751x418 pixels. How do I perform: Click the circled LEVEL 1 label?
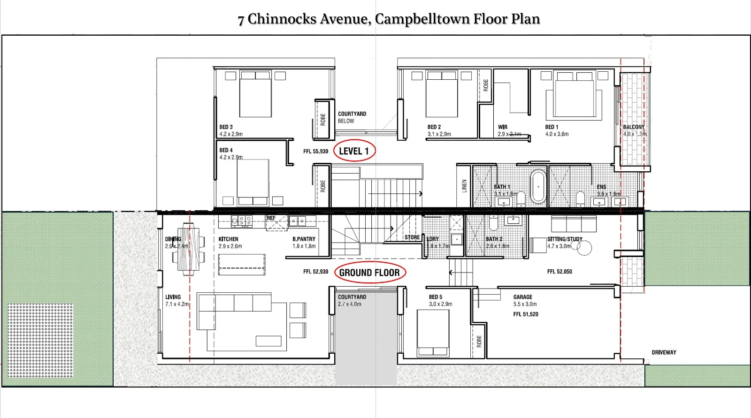pyautogui.click(x=354, y=151)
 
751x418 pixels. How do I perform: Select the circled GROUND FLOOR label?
pyautogui.click(x=369, y=273)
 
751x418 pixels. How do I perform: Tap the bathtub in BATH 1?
pyautogui.click(x=538, y=186)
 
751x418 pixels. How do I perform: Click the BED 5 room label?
pyautogui.click(x=436, y=297)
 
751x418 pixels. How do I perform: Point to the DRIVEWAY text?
pyautogui.click(x=664, y=352)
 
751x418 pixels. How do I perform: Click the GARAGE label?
pyautogui.click(x=522, y=297)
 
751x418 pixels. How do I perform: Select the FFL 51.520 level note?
pyautogui.click(x=525, y=314)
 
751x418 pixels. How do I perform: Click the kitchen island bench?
pyautogui.click(x=242, y=265)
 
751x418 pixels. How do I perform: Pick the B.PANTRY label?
pyautogui.click(x=304, y=239)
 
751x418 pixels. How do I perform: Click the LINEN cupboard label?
pyautogui.click(x=464, y=186)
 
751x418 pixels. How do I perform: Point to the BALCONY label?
pyautogui.click(x=634, y=127)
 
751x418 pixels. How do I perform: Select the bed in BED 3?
pyautogui.click(x=255, y=96)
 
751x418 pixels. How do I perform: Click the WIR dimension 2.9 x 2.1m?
pyautogui.click(x=509, y=134)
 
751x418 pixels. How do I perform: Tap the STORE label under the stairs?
pyautogui.click(x=412, y=237)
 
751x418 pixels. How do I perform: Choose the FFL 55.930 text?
pyautogui.click(x=315, y=152)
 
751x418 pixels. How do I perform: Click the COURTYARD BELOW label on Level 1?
pyautogui.click(x=352, y=117)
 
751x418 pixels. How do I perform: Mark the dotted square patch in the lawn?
pyautogui.click(x=40, y=340)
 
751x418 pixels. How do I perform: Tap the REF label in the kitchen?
pyautogui.click(x=271, y=218)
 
